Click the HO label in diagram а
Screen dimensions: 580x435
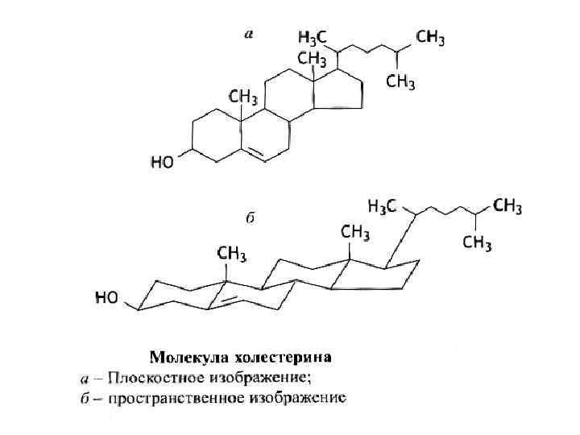click(x=163, y=163)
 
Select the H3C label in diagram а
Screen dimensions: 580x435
click(x=313, y=38)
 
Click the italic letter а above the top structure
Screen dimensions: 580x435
click(x=249, y=34)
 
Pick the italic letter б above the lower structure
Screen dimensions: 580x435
click(x=250, y=218)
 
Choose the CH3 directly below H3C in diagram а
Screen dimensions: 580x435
click(x=312, y=59)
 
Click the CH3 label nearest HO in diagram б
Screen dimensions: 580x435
click(x=231, y=255)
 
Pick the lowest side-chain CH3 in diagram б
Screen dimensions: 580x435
click(x=478, y=242)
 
